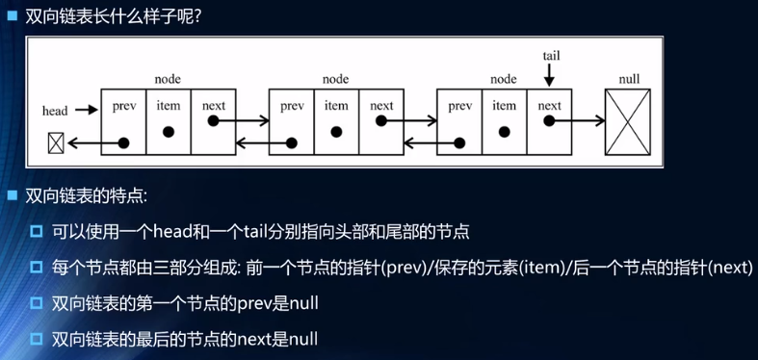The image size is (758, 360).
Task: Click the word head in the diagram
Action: pyautogui.click(x=55, y=111)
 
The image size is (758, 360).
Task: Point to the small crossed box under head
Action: pyautogui.click(x=56, y=143)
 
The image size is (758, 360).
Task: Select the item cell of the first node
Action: pyautogui.click(x=169, y=122)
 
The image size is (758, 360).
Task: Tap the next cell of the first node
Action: pyautogui.click(x=214, y=122)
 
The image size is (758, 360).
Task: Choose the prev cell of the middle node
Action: pyautogui.click(x=292, y=122)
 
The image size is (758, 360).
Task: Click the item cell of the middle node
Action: pyautogui.click(x=336, y=122)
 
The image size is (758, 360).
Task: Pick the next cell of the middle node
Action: pyautogui.click(x=381, y=122)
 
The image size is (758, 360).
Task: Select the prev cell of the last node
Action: pyautogui.click(x=459, y=122)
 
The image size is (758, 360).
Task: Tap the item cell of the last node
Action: pyautogui.click(x=504, y=122)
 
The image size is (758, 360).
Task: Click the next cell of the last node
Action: pyautogui.click(x=550, y=122)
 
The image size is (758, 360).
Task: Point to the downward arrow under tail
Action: pyautogui.click(x=550, y=74)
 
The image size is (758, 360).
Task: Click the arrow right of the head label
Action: pyautogui.click(x=87, y=111)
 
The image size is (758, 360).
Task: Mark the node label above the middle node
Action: pyautogui.click(x=335, y=78)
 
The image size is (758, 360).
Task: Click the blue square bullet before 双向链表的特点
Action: pyautogui.click(x=13, y=196)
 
